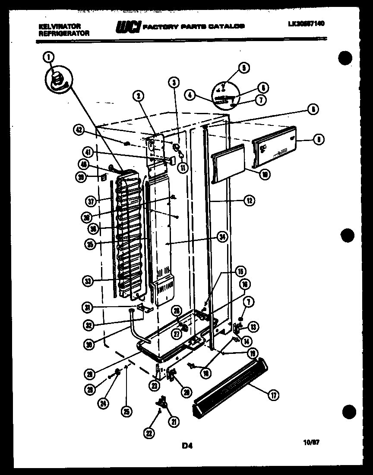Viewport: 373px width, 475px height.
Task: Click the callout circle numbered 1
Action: [x=48, y=56]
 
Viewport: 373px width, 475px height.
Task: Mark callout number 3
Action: [x=174, y=81]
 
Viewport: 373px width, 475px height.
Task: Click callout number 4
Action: [x=189, y=93]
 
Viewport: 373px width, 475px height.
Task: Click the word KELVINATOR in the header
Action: [x=54, y=26]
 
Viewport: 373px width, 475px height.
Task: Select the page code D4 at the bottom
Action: [x=187, y=445]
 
